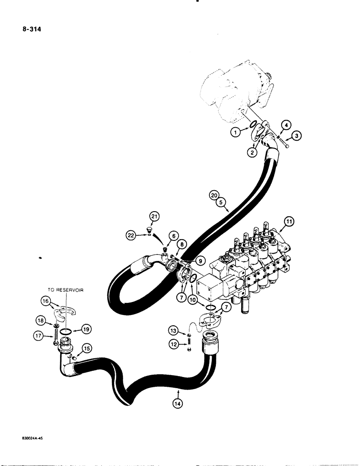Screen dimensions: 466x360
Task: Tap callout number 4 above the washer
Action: click(286, 125)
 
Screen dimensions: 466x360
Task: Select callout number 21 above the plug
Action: click(154, 215)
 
